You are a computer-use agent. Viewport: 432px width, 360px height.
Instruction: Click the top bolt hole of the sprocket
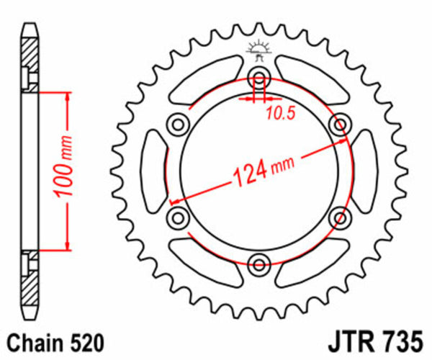(x=258, y=79)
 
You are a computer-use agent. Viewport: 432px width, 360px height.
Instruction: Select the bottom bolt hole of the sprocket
(x=258, y=261)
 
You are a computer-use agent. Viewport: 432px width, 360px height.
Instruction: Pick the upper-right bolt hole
(x=338, y=125)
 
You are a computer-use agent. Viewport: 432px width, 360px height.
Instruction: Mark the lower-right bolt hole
(x=338, y=216)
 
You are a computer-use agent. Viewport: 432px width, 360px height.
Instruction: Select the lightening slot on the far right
(x=364, y=171)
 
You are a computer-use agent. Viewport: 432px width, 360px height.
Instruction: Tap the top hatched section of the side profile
(x=29, y=61)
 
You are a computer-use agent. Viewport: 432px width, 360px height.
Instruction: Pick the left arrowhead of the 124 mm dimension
(x=174, y=202)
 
